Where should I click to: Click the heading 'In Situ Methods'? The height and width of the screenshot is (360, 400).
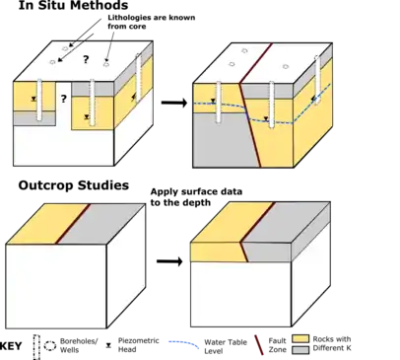[73, 5]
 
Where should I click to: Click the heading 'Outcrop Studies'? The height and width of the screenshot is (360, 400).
[74, 185]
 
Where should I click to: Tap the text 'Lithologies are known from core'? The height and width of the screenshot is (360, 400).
[152, 22]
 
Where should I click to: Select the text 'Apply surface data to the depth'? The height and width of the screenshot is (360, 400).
[196, 197]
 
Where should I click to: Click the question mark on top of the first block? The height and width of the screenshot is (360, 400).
[86, 59]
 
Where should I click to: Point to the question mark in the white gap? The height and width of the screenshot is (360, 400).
[63, 99]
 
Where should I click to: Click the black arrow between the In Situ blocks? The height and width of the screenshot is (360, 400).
[174, 103]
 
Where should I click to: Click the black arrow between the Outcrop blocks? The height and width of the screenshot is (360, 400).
[169, 261]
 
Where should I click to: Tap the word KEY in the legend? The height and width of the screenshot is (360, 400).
[11, 346]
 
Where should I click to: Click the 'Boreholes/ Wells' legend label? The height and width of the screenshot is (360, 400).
[79, 345]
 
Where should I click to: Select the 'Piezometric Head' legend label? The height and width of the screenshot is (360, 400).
[138, 345]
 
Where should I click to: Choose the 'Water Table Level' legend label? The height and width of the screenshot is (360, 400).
[226, 346]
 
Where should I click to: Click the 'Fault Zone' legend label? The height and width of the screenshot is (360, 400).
[277, 345]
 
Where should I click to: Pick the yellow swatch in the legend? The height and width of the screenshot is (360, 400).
[300, 339]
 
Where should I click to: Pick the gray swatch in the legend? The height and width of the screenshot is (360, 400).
[300, 349]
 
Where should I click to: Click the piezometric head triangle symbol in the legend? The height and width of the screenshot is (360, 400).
[108, 345]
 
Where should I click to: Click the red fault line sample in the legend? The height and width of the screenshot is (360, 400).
[259, 345]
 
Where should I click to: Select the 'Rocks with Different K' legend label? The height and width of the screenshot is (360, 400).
[332, 343]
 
